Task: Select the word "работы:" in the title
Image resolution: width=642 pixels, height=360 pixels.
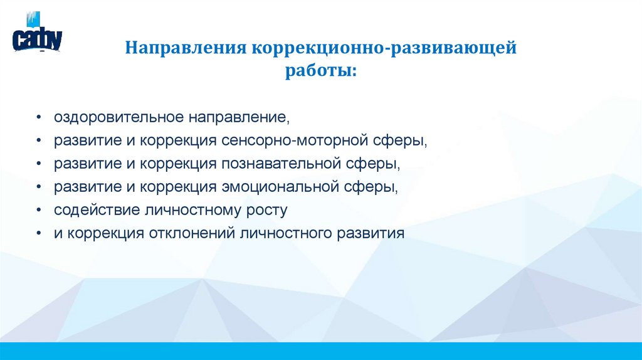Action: pyautogui.click(x=321, y=71)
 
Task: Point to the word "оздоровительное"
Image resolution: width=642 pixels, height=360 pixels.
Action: pyautogui.click(x=118, y=118)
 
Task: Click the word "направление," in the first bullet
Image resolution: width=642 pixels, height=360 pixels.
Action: pyautogui.click(x=239, y=118)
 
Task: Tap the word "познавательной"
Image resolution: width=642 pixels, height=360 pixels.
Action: pyautogui.click(x=282, y=164)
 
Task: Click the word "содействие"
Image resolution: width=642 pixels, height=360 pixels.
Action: pyautogui.click(x=97, y=210)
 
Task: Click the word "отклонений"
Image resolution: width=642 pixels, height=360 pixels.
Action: pyautogui.click(x=192, y=233)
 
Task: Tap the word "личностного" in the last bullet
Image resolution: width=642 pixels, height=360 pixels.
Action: pyautogui.click(x=286, y=233)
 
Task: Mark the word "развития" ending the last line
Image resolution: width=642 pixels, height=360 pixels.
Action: pyautogui.click(x=371, y=234)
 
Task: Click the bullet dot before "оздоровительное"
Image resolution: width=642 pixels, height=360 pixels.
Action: pyautogui.click(x=38, y=117)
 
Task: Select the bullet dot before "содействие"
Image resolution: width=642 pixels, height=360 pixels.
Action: pyautogui.click(x=38, y=209)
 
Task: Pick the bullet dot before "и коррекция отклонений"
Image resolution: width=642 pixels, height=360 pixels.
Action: pyautogui.click(x=38, y=233)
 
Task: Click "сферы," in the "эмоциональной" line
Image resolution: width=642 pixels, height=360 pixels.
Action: pyautogui.click(x=371, y=188)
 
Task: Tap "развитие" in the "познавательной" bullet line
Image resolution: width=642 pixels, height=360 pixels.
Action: pyautogui.click(x=88, y=164)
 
